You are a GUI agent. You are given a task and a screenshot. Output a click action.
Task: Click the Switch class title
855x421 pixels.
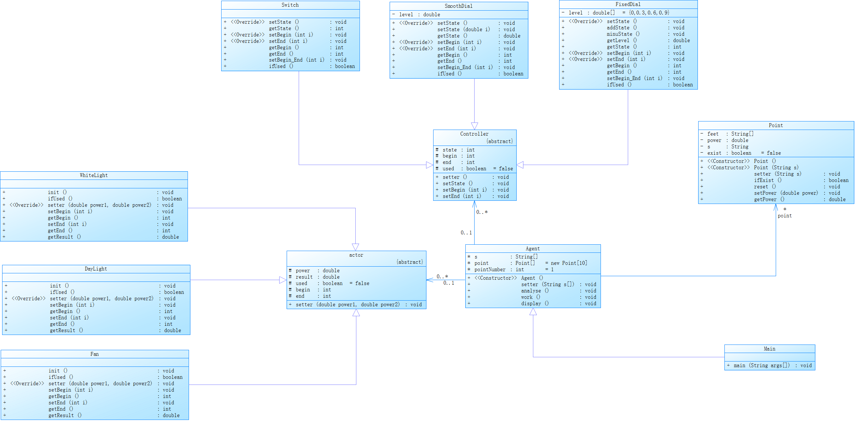[x=290, y=5]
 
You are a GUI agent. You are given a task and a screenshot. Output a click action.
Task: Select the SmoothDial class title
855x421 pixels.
[x=458, y=6]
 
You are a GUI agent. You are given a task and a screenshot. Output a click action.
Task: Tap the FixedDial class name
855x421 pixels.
[x=628, y=4]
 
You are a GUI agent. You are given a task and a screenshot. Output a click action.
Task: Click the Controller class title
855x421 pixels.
[x=474, y=134]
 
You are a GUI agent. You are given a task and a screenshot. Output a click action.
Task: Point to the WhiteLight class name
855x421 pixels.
[x=94, y=175]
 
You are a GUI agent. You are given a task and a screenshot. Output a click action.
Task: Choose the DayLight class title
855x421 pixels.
[x=96, y=269]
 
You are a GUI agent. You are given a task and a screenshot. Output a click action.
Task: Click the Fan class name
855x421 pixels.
[x=94, y=354]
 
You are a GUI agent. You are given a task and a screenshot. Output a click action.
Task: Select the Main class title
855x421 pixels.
[x=769, y=349]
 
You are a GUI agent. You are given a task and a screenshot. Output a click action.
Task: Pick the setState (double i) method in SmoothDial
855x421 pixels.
[x=464, y=29]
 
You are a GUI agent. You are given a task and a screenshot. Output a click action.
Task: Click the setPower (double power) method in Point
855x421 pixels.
[x=786, y=193]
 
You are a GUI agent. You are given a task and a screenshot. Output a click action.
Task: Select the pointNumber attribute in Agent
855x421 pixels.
[x=490, y=269]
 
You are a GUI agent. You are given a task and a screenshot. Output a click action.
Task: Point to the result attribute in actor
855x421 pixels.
[x=304, y=277]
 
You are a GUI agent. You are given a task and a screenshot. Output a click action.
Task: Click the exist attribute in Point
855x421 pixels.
[x=714, y=153]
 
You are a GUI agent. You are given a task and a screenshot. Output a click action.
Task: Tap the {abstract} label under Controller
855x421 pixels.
[x=499, y=141]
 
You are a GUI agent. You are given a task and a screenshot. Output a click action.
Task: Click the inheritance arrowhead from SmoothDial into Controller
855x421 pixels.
[x=474, y=126]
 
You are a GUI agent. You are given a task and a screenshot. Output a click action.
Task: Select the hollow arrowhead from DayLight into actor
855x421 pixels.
[x=283, y=280]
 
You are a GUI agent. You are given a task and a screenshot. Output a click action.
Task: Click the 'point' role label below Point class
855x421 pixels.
[x=785, y=216]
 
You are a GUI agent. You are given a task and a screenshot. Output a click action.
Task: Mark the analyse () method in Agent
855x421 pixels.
[x=535, y=291]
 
